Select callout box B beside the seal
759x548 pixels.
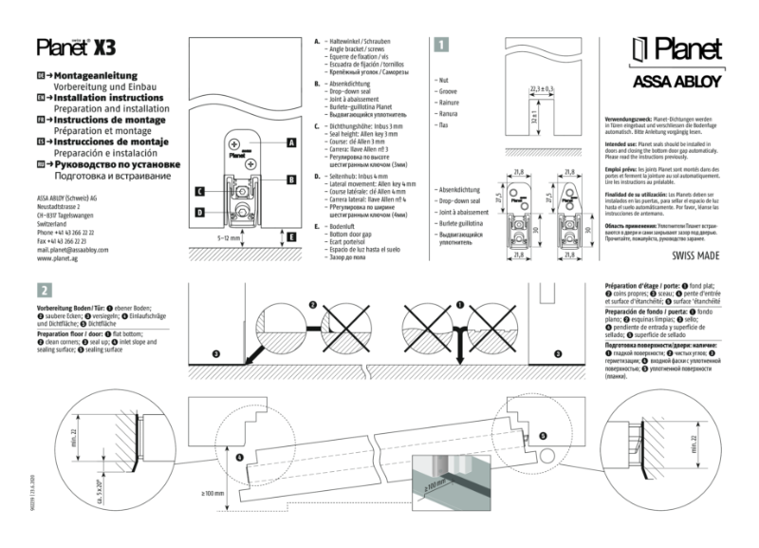291,179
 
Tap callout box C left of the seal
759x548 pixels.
200,191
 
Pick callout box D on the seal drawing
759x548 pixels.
200,211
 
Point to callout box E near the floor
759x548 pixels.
291,236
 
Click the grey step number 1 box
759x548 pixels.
441,43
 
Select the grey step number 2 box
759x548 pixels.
44,290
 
